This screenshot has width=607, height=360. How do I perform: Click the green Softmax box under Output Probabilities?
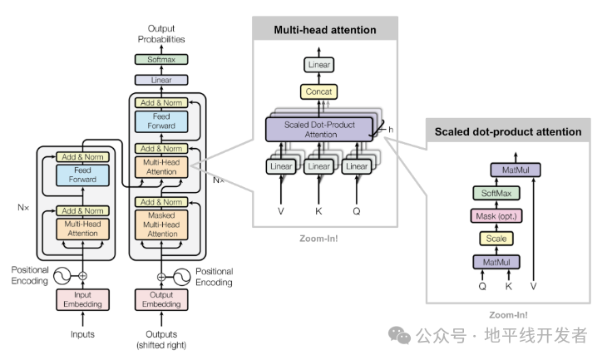point(161,60)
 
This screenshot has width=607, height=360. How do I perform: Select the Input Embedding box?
point(82,299)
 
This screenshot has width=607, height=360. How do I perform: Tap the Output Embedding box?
point(162,299)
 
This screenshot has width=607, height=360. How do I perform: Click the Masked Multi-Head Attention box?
point(162,224)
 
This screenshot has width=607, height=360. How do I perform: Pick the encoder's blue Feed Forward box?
point(82,175)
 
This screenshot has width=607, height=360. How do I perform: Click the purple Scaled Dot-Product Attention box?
point(319,129)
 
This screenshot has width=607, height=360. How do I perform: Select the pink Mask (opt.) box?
point(496,216)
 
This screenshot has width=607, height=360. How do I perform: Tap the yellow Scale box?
point(496,239)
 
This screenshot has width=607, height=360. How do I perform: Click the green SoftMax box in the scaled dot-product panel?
point(496,194)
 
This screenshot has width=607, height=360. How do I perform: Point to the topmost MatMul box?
point(521,170)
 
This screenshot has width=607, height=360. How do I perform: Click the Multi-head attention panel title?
point(325,30)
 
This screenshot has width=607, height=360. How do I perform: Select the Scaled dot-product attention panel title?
point(507,131)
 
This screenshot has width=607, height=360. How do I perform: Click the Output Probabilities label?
point(161,34)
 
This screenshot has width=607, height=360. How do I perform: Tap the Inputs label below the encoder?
point(82,334)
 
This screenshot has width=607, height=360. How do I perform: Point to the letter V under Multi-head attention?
point(280,211)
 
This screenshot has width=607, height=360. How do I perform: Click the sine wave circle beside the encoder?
point(62,274)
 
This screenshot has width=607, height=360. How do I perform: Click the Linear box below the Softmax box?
point(161,80)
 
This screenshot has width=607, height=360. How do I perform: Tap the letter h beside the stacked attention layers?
point(390,129)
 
